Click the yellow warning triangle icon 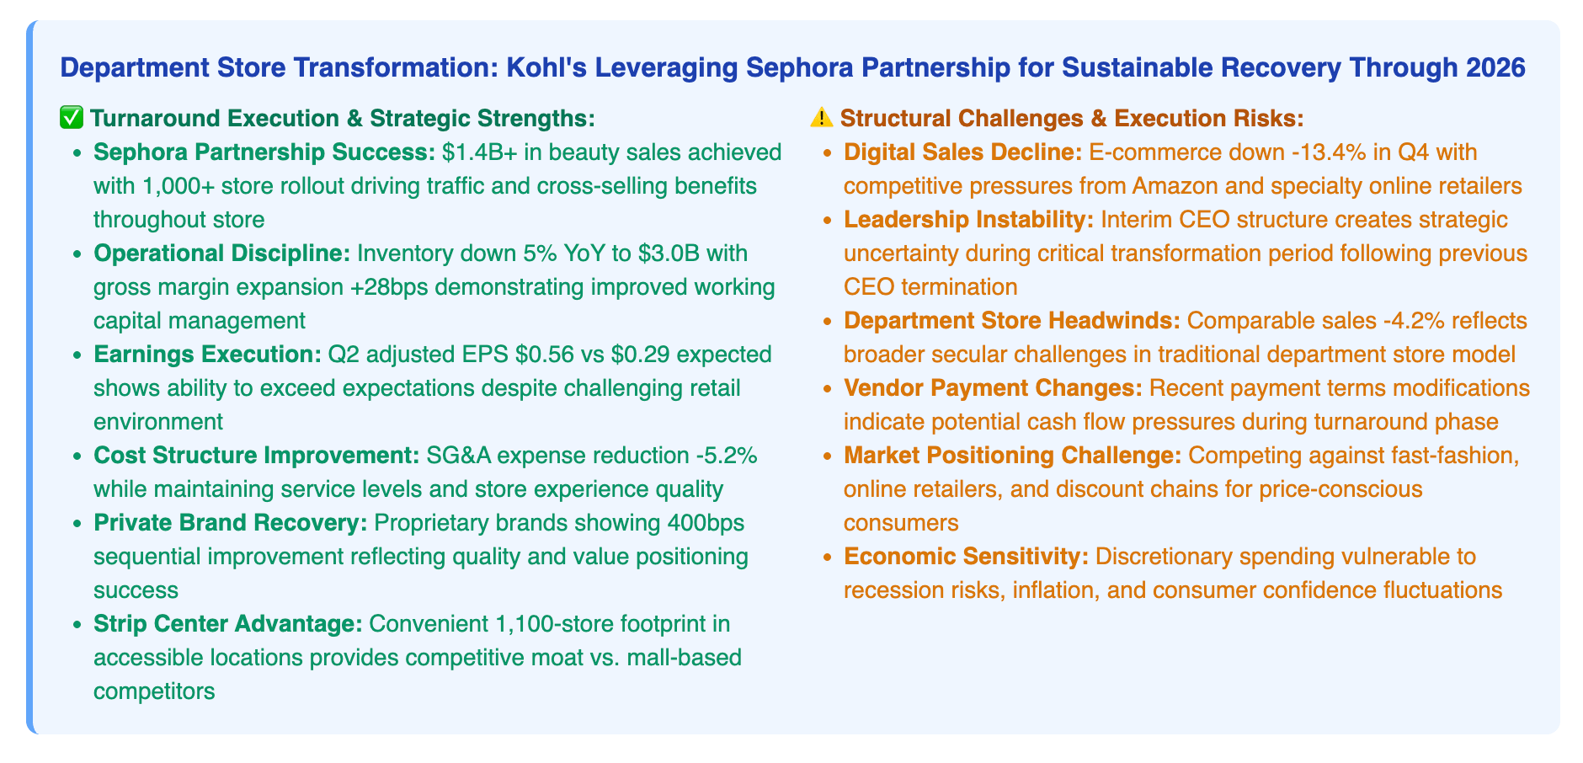[821, 119]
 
